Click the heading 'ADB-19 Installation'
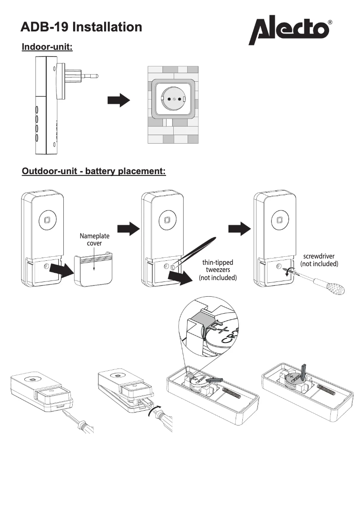(81, 27)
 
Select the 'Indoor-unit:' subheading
(47, 47)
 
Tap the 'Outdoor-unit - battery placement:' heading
(94, 171)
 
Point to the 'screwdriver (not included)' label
(319, 260)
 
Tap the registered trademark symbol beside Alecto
(330, 22)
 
